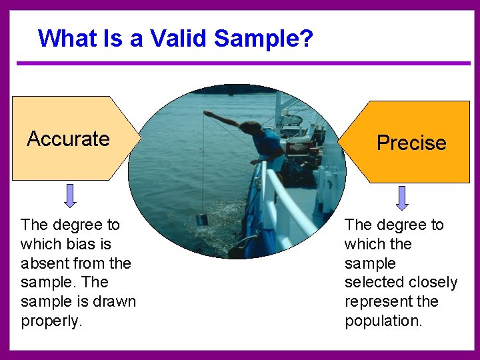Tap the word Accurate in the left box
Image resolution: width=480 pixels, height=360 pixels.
tap(68, 139)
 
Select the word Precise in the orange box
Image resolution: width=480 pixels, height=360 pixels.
tap(411, 143)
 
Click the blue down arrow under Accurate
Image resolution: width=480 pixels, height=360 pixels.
tap(70, 194)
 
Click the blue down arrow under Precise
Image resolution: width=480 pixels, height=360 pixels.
tap(402, 197)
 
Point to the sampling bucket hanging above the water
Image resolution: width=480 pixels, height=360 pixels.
tap(202, 219)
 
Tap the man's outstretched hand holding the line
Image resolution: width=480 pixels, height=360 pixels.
tap(207, 114)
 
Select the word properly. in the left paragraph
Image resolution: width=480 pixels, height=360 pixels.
tap(52, 321)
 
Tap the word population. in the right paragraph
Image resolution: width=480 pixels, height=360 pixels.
tap(383, 321)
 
